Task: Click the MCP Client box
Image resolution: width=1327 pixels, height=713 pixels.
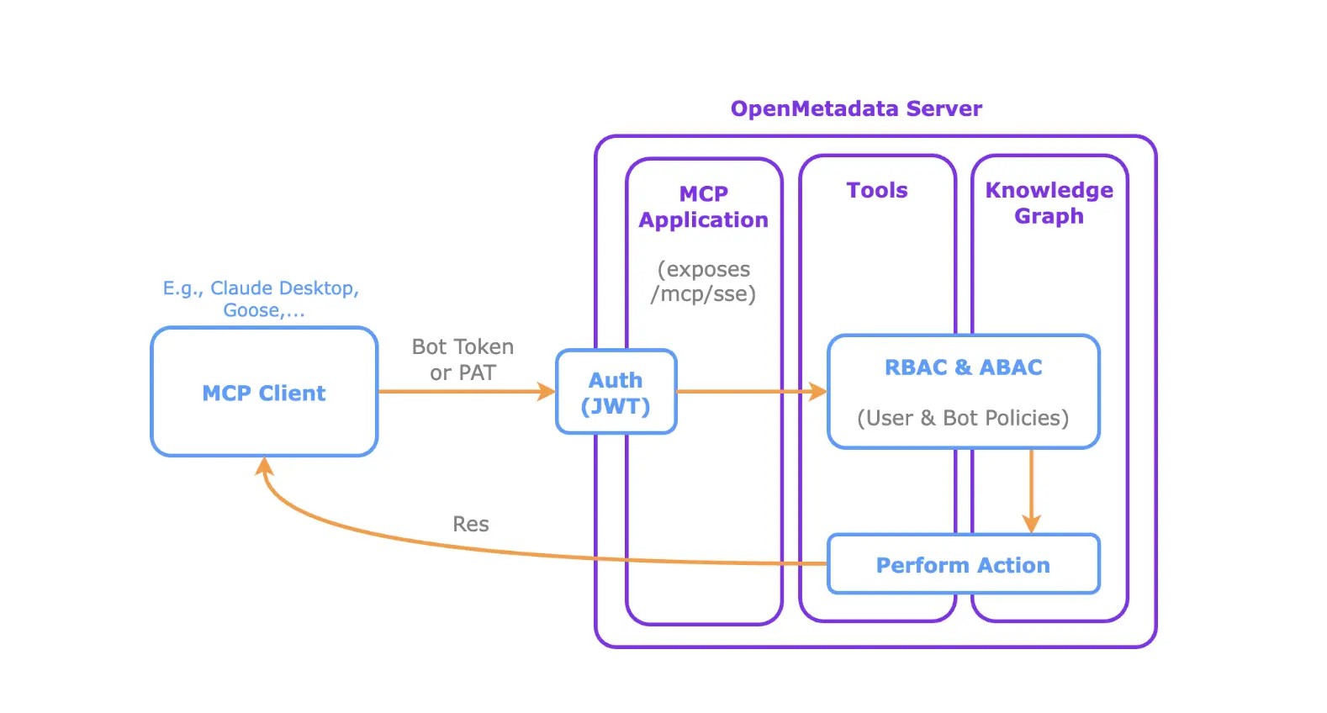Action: [264, 392]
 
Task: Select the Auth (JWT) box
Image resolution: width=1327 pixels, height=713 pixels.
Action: [616, 392]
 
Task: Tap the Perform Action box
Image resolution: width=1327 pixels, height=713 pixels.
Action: [963, 564]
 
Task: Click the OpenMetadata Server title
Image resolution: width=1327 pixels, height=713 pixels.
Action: [856, 108]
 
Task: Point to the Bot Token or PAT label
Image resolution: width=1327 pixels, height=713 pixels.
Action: [463, 359]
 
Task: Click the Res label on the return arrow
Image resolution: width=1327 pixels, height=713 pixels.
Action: [471, 524]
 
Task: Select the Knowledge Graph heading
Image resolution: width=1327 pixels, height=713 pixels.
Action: [1049, 203]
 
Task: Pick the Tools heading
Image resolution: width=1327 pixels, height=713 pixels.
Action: [877, 190]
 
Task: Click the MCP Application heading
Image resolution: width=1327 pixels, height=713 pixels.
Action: [704, 207]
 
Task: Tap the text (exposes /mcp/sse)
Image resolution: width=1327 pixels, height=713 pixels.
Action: [704, 281]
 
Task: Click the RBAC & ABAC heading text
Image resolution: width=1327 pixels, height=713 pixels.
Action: [963, 367]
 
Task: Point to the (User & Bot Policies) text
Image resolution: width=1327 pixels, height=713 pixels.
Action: [963, 418]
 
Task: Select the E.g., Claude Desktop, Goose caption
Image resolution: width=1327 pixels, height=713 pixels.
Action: [262, 298]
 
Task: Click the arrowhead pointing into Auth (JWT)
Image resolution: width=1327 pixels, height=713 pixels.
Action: [547, 392]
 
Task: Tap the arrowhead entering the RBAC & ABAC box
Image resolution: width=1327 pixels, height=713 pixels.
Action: [818, 392]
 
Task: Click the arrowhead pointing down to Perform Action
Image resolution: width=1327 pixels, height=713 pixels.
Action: [1031, 524]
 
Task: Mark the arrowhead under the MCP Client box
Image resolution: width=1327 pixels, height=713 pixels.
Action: [264, 467]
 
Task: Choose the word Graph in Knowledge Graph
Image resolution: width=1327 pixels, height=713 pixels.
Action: [1049, 216]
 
